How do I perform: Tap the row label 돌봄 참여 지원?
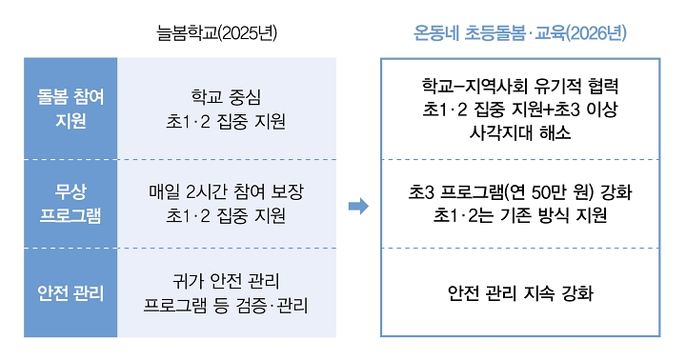tap(71, 109)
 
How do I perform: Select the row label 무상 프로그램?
tap(71, 203)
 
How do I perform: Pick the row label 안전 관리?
tap(71, 292)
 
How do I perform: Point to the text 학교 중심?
tap(226, 97)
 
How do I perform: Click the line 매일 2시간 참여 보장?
tap(226, 191)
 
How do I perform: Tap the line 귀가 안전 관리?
tap(226, 281)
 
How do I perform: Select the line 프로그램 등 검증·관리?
tap(226, 305)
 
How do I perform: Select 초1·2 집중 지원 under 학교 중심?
tap(226, 121)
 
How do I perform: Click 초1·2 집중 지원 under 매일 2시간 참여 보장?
tap(226, 215)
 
